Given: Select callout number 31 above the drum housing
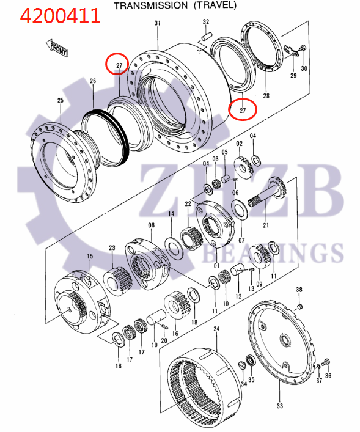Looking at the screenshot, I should pyautogui.click(x=157, y=23).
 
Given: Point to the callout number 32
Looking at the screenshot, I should pyautogui.click(x=205, y=23).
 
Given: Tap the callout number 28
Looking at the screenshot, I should pyautogui.click(x=266, y=96).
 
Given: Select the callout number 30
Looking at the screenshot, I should pyautogui.click(x=304, y=68).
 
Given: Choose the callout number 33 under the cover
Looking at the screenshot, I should pyautogui.click(x=279, y=406).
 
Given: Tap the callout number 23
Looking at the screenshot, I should pyautogui.click(x=112, y=247).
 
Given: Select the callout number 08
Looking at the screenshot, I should pyautogui.click(x=151, y=225).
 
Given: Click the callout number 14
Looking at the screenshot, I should pyautogui.click(x=172, y=214).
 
